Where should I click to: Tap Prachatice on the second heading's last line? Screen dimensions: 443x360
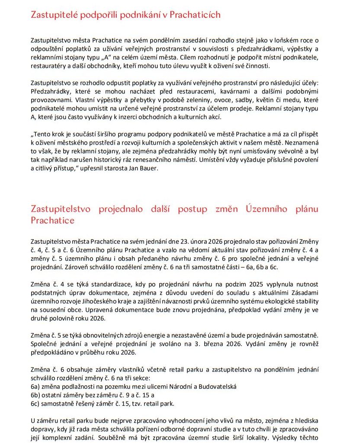(x=53, y=220)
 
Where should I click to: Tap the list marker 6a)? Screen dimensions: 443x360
(x=36, y=386)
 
